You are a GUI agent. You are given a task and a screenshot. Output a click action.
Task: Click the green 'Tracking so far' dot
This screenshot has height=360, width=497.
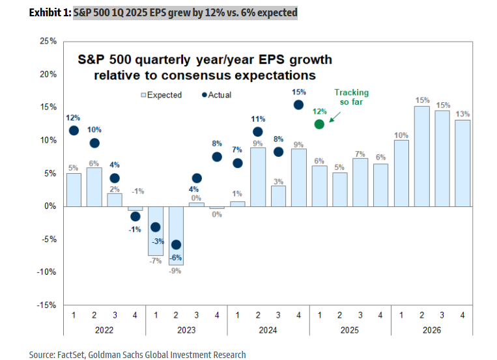click(x=319, y=124)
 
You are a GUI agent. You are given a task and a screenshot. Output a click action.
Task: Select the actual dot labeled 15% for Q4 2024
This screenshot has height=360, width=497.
click(x=298, y=104)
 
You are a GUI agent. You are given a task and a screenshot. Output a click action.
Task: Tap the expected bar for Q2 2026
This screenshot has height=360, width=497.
click(x=421, y=156)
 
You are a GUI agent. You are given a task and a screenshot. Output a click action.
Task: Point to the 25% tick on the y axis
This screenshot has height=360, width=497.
click(x=48, y=41)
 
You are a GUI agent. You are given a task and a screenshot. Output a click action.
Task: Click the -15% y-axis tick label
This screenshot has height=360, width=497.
click(x=47, y=305)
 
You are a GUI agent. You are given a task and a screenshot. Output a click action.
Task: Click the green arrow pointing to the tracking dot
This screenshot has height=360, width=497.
click(x=336, y=116)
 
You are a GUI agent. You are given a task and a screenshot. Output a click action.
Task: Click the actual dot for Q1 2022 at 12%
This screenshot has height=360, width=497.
click(x=74, y=130)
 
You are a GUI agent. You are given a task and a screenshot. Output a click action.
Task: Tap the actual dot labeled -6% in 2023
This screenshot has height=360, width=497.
click(x=177, y=245)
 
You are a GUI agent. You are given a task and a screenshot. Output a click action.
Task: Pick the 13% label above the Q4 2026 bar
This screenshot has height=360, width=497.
click(x=462, y=113)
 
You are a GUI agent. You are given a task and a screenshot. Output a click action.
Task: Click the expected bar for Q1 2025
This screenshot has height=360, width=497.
click(x=319, y=186)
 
